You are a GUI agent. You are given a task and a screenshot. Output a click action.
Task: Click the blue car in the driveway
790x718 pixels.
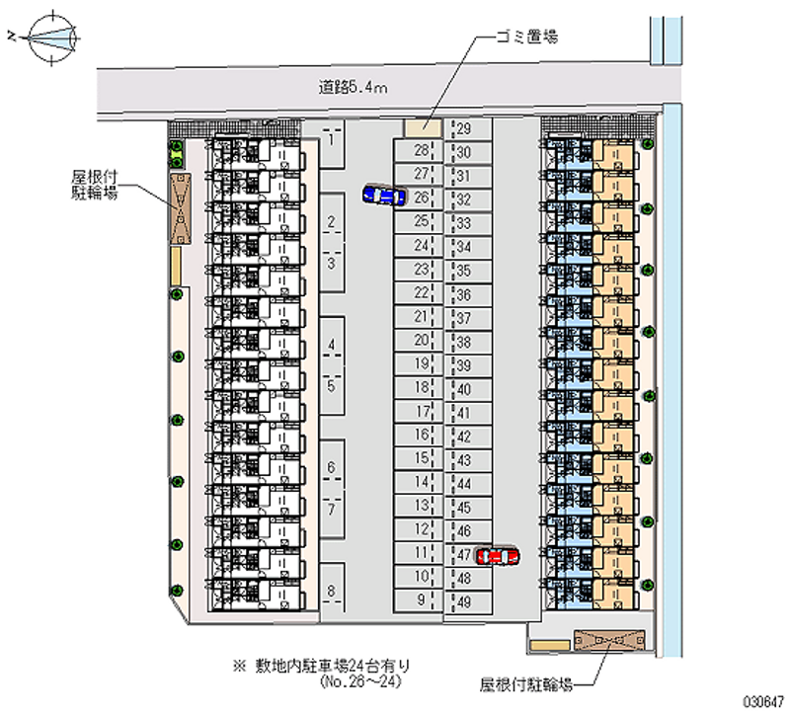coord(383,196)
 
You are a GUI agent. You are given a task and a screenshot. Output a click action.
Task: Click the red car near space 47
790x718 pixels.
coord(497,557)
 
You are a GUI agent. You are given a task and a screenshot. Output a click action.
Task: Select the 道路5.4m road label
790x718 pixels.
coord(353,86)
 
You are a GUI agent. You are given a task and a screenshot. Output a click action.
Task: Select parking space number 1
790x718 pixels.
coord(333,139)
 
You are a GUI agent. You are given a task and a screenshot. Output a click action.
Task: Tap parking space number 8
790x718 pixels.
coord(333,592)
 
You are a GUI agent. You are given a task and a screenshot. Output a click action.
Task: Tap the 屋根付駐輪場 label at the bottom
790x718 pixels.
coord(523,682)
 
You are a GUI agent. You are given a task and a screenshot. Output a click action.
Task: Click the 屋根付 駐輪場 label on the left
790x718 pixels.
coord(95,185)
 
